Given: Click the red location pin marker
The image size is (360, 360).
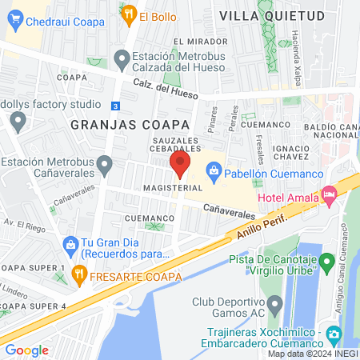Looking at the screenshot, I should pyautogui.click(x=180, y=166).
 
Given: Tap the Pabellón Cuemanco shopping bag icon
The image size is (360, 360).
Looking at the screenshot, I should pyautogui.click(x=214, y=170).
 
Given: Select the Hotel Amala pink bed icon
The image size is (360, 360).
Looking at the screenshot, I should pyautogui.click(x=328, y=194).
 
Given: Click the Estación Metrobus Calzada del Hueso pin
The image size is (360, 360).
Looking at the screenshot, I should pyautogui.click(x=122, y=58).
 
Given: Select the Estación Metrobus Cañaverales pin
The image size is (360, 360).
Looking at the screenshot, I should pyautogui.click(x=105, y=166).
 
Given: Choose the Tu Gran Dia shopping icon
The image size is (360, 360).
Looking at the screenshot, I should pyautogui.click(x=70, y=244).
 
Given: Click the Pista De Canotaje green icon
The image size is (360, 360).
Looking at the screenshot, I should pyautogui.click(x=326, y=261).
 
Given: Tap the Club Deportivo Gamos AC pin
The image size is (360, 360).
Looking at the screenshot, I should pyautogui.click(x=275, y=304).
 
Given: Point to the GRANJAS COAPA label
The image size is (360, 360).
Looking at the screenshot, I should pyautogui.click(x=130, y=125).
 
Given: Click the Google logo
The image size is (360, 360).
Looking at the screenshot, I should pyautogui.click(x=26, y=350).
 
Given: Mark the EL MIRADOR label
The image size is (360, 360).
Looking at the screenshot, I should pyautogui.click(x=195, y=42).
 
